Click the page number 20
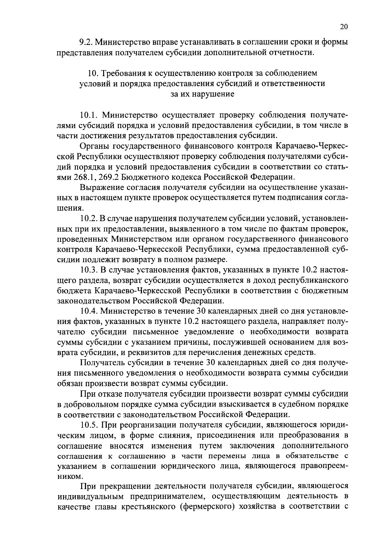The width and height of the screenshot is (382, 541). pyautogui.click(x=344, y=27)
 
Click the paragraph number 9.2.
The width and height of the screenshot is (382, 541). pyautogui.click(x=86, y=42)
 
